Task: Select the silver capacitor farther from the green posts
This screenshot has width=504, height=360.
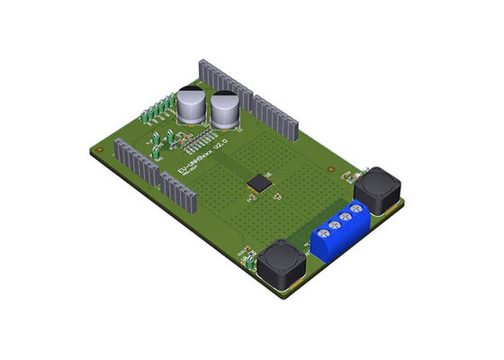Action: [x=223, y=112]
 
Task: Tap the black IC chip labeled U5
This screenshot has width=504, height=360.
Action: [x=260, y=183]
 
